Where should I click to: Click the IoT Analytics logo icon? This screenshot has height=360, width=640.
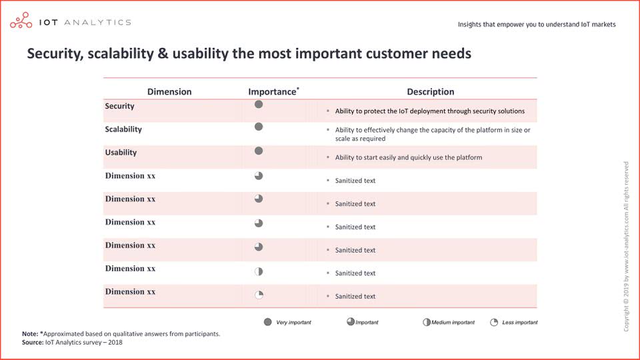[21, 21]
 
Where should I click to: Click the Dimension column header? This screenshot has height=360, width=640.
[169, 92]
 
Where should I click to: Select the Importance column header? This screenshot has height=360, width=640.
[273, 91]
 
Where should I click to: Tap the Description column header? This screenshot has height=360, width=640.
[430, 92]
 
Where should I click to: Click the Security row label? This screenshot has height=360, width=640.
[119, 106]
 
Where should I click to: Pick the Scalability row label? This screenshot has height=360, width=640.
[123, 129]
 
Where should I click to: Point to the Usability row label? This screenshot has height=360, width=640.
[121, 153]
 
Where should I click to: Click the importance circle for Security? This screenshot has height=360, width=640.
[259, 105]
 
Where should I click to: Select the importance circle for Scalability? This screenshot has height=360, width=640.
[259, 127]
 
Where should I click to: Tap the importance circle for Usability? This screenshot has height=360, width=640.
[259, 151]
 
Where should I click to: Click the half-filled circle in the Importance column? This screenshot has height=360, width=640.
[259, 272]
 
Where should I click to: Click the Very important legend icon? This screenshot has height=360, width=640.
[268, 322]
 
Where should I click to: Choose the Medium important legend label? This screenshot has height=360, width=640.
[453, 323]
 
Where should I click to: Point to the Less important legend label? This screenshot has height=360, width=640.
[520, 323]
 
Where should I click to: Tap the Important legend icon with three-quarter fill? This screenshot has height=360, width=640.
[351, 321]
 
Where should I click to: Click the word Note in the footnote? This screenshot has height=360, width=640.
[30, 334]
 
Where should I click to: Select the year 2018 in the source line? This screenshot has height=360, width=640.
[115, 343]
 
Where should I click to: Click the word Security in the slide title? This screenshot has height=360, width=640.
[55, 54]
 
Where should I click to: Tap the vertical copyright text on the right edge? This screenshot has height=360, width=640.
[626, 247]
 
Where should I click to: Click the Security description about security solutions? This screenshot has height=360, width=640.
[430, 111]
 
